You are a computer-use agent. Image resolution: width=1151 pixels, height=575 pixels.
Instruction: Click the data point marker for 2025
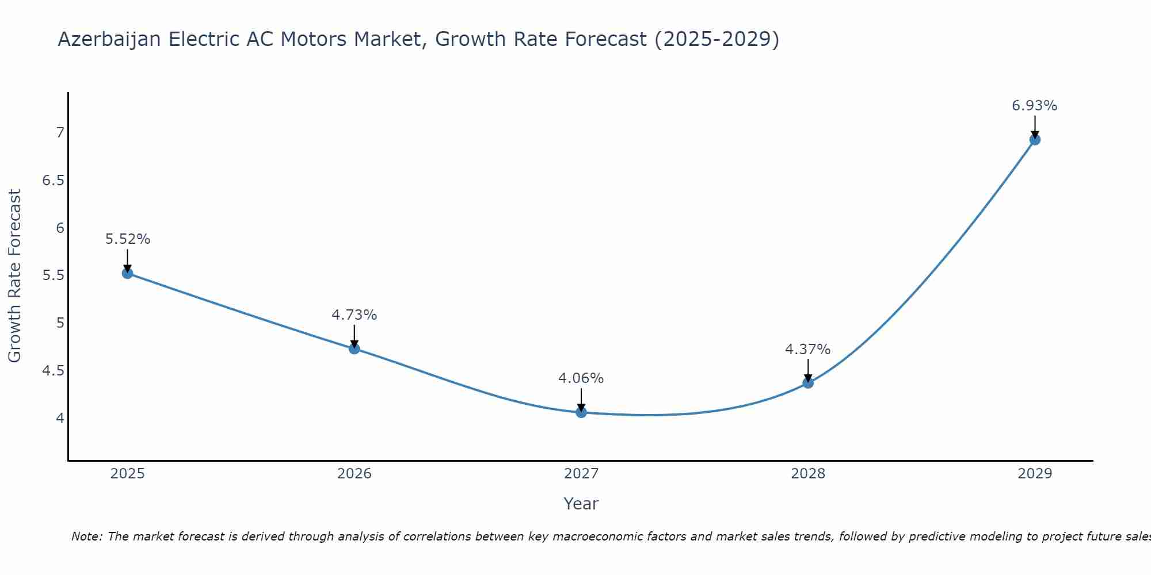128,273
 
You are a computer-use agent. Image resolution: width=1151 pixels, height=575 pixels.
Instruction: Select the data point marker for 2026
355,348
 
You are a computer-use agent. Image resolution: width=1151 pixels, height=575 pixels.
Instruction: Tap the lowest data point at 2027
581,412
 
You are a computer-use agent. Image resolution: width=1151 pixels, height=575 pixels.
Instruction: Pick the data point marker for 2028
808,382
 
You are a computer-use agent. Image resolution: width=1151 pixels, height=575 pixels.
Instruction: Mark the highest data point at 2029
1035,139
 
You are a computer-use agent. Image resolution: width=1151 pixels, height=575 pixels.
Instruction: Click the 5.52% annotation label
128,239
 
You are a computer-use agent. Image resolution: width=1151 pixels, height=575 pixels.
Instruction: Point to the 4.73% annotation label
355,315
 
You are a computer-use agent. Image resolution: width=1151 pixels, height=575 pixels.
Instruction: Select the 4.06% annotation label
581,378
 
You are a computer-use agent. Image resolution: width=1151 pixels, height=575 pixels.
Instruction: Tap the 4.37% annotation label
808,350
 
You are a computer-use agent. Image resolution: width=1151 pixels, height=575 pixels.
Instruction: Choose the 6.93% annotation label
1035,106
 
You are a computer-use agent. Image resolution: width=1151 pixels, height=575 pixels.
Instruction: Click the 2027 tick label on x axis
581,474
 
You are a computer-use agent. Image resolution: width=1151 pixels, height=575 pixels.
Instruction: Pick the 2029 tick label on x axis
1035,474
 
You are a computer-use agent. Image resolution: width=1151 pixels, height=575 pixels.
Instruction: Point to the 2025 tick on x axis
128,474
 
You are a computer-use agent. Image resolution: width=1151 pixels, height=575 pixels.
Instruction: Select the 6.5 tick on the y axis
54,181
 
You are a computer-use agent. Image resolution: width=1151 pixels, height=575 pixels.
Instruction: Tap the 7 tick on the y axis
60,133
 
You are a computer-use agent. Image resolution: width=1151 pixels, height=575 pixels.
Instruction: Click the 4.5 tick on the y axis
54,371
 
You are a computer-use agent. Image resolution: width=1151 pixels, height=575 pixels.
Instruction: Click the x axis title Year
581,504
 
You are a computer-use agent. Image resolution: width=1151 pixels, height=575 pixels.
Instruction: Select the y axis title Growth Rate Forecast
15,276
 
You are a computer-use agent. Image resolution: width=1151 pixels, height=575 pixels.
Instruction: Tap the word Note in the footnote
86,536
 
